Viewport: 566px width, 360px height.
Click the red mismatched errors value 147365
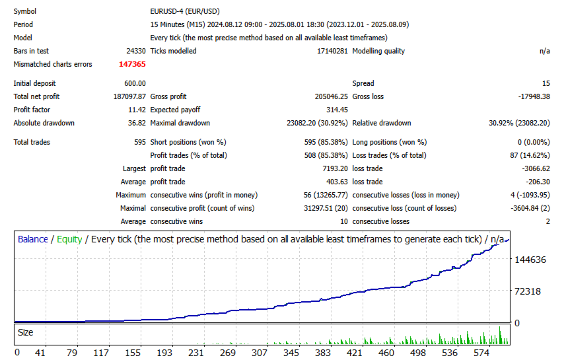132,64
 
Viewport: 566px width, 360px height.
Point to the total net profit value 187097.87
125,96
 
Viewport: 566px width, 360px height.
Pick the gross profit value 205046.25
322,96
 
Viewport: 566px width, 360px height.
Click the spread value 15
546,83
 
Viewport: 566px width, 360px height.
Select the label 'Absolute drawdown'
44,123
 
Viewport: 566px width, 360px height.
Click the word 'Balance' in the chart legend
33,239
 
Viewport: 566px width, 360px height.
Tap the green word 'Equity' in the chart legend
69,239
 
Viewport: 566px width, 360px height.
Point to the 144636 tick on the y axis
530,260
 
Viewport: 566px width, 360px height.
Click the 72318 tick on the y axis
528,291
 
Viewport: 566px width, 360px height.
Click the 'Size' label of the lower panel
26,333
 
